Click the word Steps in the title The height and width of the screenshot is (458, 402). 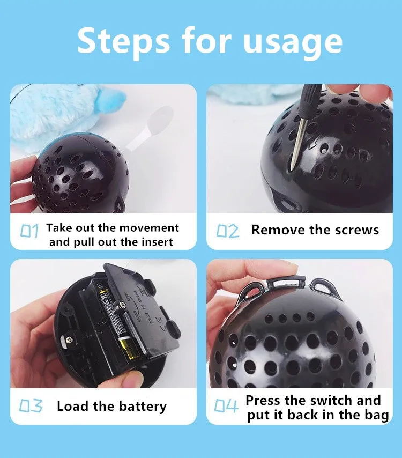click(123, 41)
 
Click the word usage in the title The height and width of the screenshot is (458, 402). click(292, 43)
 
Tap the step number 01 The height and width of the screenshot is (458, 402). click(29, 231)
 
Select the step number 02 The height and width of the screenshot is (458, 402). click(228, 231)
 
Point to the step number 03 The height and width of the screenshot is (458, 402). click(31, 406)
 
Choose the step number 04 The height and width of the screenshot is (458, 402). click(226, 406)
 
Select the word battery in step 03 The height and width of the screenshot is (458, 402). click(143, 407)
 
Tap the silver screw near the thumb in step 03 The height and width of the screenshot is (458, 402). click(70, 339)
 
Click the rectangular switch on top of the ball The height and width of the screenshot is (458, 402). click(287, 281)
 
